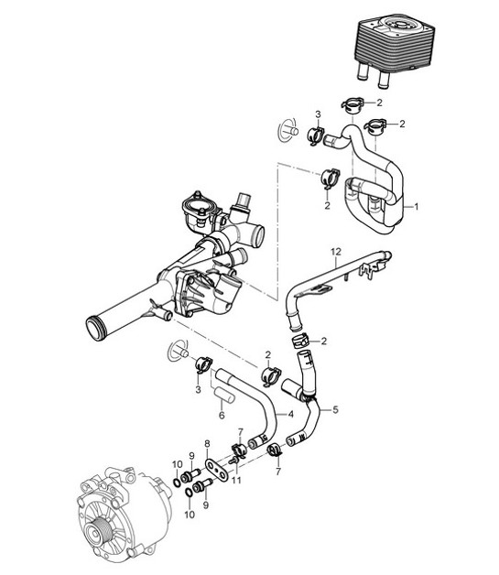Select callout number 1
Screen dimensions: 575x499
click(x=417, y=207)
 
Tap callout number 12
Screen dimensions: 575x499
click(x=336, y=250)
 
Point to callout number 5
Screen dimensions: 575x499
click(x=336, y=409)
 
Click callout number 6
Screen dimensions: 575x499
click(x=222, y=415)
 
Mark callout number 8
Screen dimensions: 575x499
click(x=208, y=442)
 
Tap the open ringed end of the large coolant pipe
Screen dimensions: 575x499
click(x=95, y=325)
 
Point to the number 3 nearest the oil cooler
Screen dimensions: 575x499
click(x=317, y=114)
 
